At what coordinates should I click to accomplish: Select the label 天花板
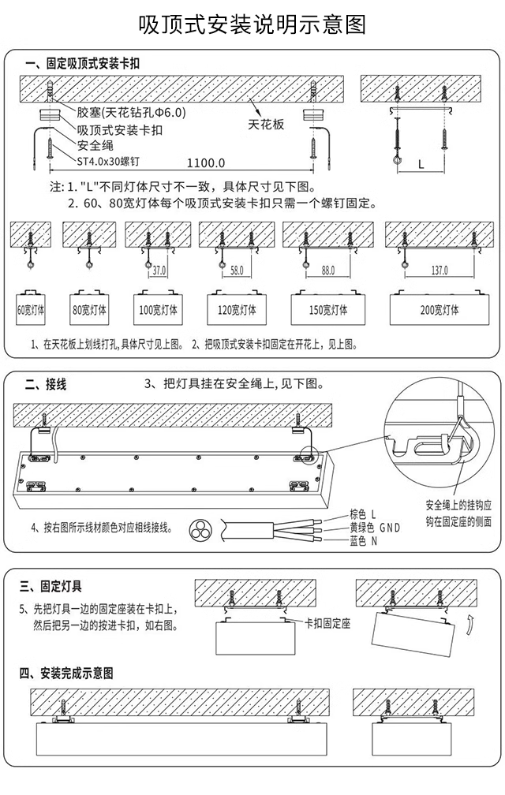[x=266, y=125]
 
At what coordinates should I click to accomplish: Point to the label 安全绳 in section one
[x=95, y=145]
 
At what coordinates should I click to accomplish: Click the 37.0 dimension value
[x=160, y=271]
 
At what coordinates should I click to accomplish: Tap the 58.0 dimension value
[x=237, y=271]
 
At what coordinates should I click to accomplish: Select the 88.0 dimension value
[x=327, y=271]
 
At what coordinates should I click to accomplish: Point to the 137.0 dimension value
[x=440, y=271]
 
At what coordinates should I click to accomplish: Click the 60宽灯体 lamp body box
[x=31, y=309]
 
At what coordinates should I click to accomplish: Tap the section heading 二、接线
[x=46, y=385]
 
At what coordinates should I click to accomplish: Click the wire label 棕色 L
[x=364, y=514]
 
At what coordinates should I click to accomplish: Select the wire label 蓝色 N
[x=364, y=541]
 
